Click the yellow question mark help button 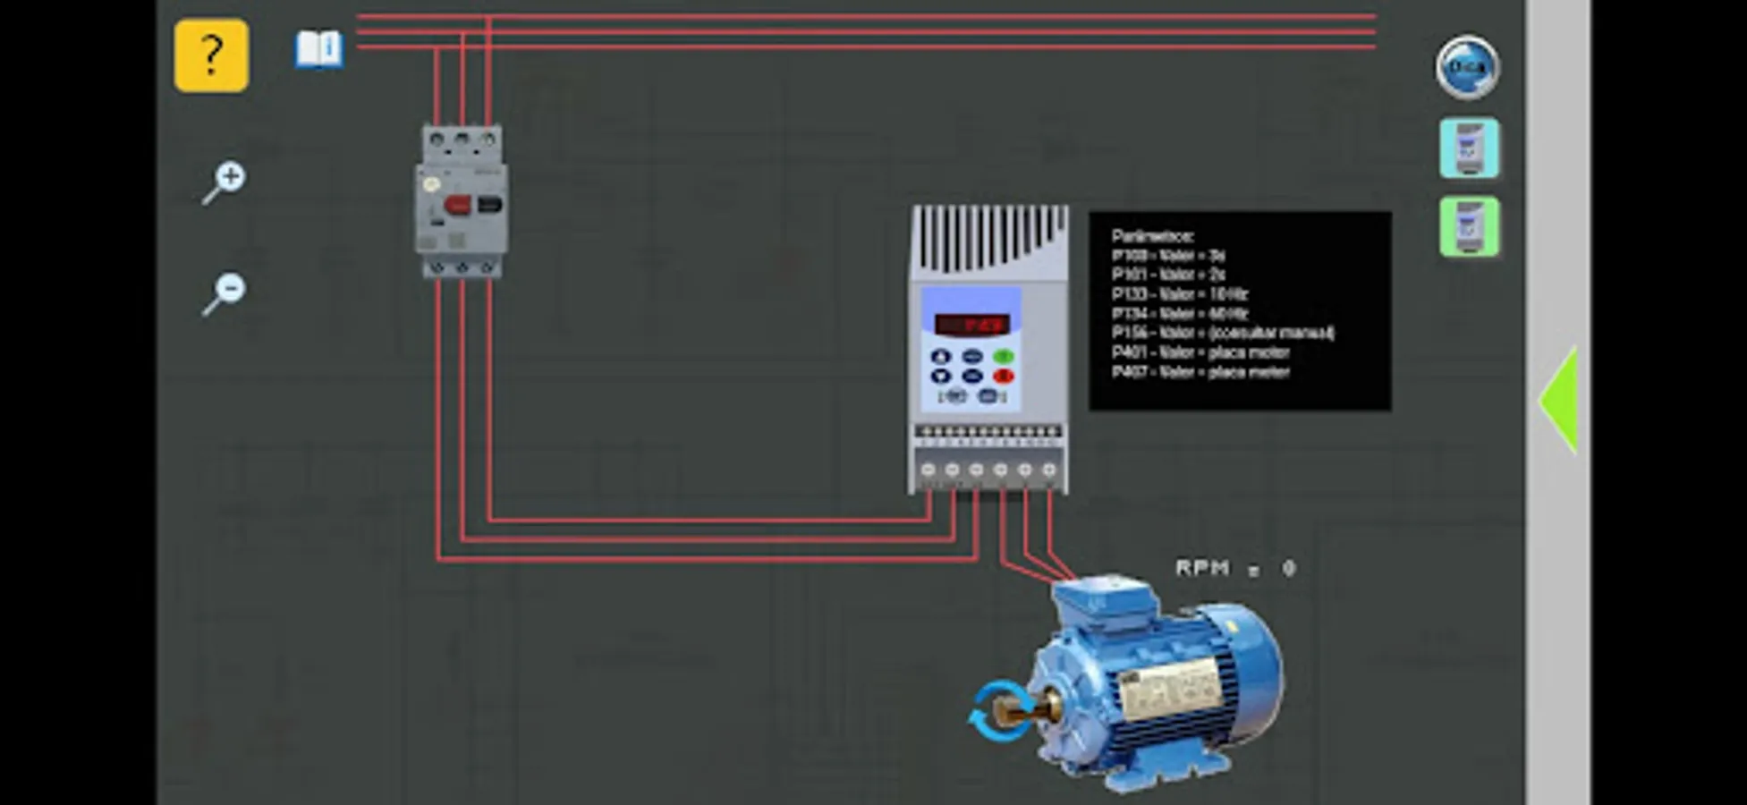coord(211,55)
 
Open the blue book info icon coord(319,49)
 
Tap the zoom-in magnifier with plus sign coord(225,182)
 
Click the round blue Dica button coord(1467,67)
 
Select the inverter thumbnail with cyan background coord(1469,148)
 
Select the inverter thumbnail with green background coord(1469,227)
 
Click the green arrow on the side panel coord(1558,400)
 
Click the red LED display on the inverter coord(972,324)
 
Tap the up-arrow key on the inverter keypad coord(941,356)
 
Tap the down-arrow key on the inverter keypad coord(941,376)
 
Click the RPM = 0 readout coord(1235,568)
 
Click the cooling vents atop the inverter coord(989,238)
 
